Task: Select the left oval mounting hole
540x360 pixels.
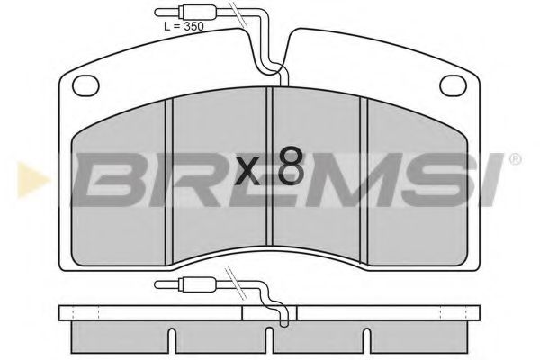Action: (86, 86)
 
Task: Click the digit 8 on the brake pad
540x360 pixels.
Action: (291, 166)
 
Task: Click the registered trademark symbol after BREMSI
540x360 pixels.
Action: (515, 160)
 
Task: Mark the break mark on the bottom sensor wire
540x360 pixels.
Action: (240, 287)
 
